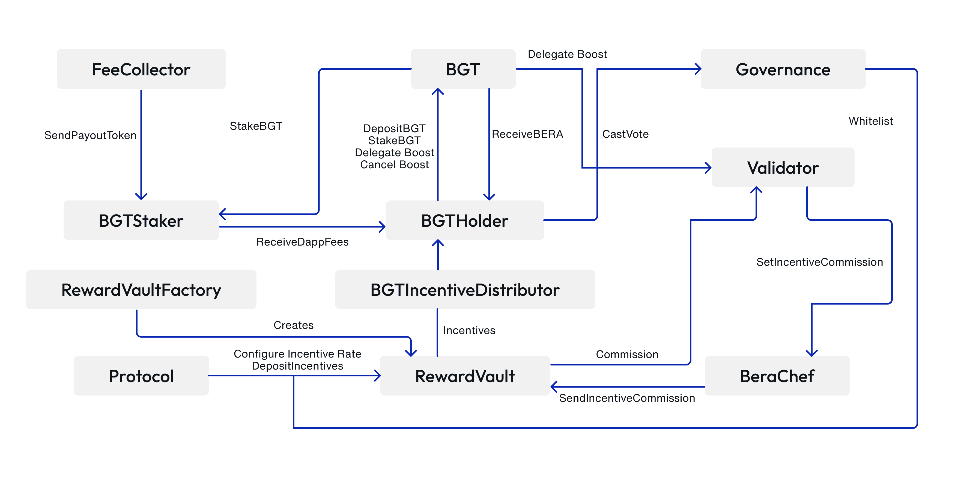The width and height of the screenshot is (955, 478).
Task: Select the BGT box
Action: point(463,69)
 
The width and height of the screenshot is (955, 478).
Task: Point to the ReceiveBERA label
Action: point(527,134)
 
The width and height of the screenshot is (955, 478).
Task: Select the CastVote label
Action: point(625,134)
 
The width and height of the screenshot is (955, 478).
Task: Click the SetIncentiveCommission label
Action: point(819,262)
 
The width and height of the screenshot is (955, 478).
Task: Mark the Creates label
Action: point(293,325)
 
